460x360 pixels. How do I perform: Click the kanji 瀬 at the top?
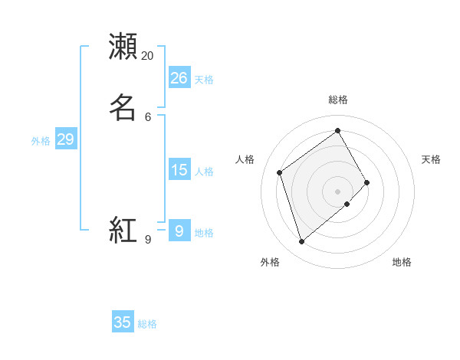(x=123, y=47)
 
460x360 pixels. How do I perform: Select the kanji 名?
(x=123, y=106)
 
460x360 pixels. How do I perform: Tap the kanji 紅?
(x=123, y=230)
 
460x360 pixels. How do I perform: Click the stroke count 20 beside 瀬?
(x=148, y=56)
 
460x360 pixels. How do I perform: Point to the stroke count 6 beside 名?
(x=148, y=116)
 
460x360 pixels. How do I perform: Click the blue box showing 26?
(x=179, y=77)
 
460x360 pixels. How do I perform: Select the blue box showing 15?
(x=179, y=169)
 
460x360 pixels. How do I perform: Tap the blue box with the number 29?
(x=65, y=139)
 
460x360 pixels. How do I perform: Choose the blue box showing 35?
(x=123, y=322)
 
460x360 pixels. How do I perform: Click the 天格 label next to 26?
(x=204, y=80)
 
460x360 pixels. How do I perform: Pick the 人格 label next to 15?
(x=204, y=172)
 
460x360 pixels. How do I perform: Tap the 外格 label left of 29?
(x=41, y=141)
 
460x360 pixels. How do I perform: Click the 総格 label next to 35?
(x=147, y=324)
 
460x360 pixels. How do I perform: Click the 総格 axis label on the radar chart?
(x=338, y=100)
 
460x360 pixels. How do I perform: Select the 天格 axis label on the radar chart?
(x=431, y=159)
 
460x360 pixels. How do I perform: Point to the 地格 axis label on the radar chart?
(x=402, y=262)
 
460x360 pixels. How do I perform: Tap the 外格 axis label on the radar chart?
(x=270, y=262)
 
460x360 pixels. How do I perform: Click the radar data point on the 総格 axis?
(x=338, y=130)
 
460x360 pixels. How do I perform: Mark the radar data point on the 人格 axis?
(x=280, y=172)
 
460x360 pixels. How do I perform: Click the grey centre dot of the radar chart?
(x=338, y=191)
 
